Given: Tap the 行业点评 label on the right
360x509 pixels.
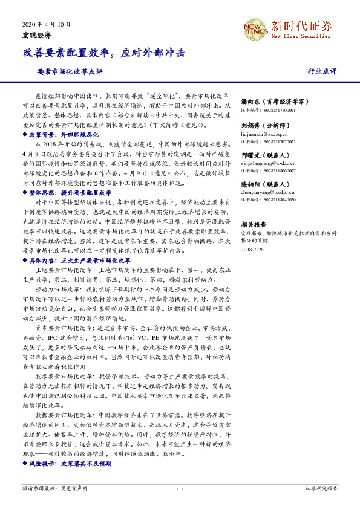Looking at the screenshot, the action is [x=322, y=71].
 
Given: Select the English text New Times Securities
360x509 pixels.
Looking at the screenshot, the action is [x=301, y=37].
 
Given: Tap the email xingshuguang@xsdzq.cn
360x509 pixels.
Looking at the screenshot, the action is [x=268, y=164].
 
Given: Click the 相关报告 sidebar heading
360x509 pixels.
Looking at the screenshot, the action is [x=255, y=224].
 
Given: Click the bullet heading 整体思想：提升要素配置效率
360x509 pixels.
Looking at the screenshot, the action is [x=69, y=191].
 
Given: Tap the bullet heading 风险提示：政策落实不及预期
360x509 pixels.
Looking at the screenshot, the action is [x=70, y=463].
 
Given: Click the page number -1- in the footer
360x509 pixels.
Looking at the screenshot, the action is [x=180, y=488].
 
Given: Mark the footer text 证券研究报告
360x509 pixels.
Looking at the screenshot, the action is [x=321, y=488].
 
